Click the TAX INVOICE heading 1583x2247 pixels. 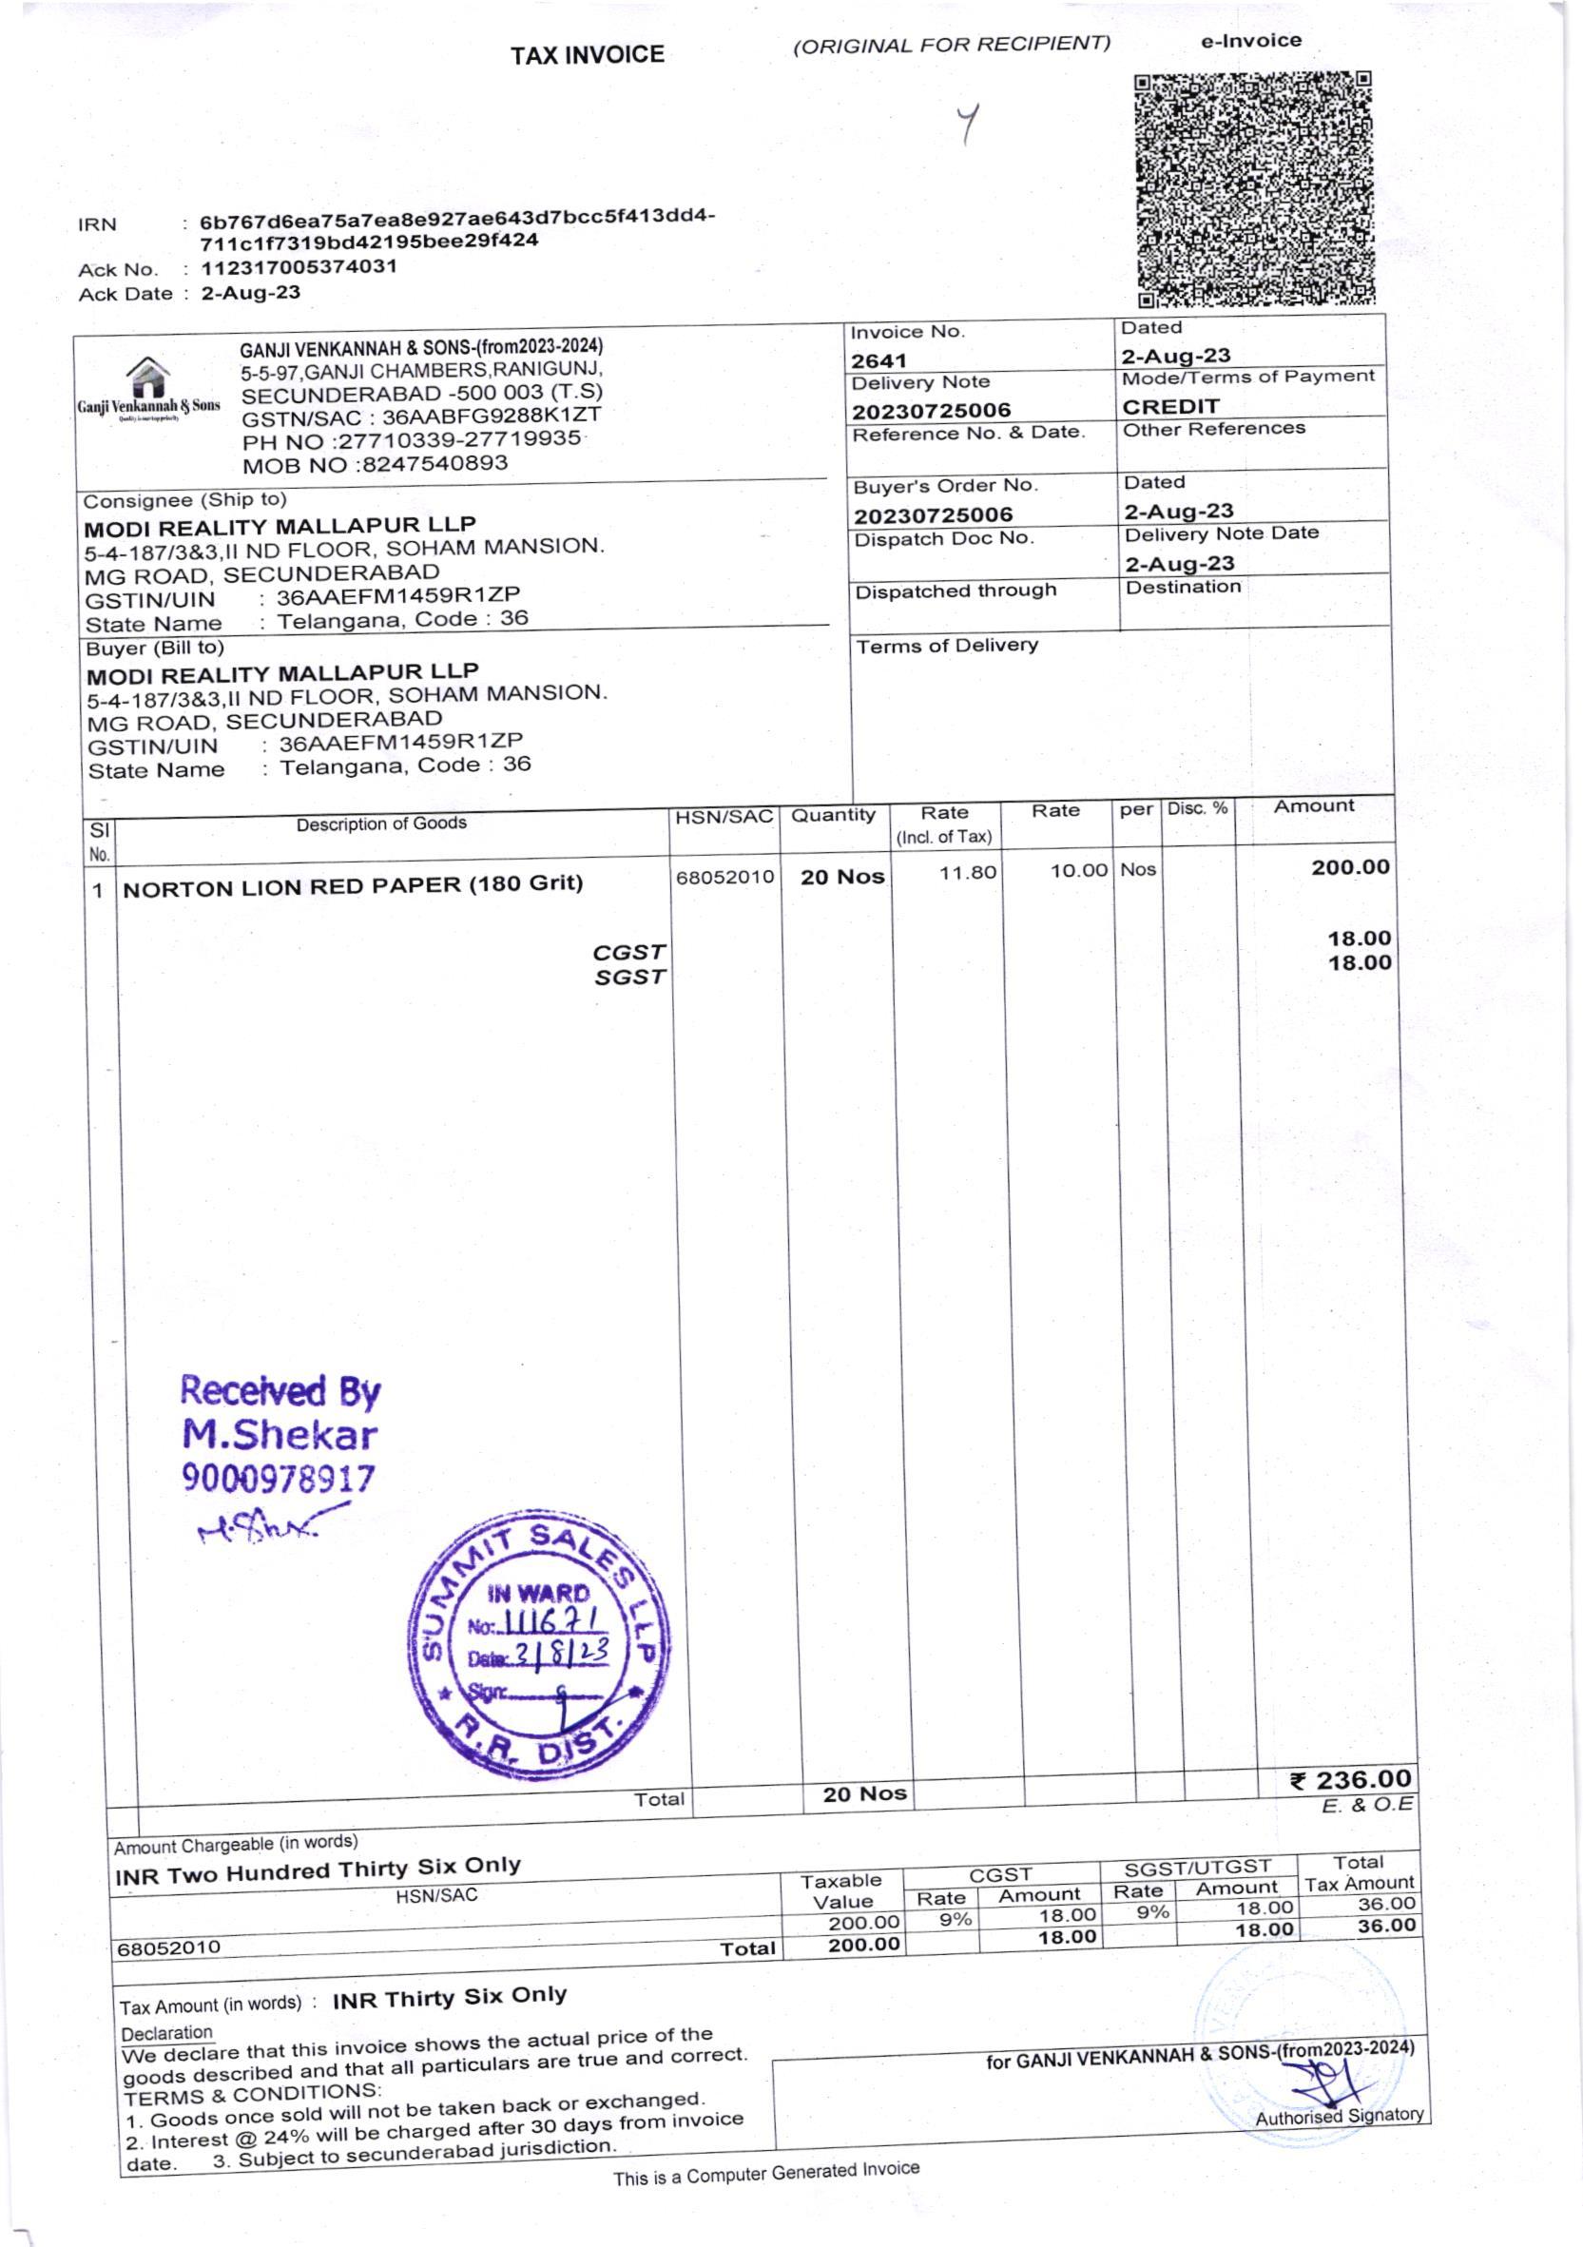point(586,55)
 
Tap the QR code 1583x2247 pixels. point(1253,190)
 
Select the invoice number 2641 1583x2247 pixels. point(878,360)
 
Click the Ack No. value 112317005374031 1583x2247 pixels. point(299,267)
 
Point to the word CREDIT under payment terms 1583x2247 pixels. point(1170,406)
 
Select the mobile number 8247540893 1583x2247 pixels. point(434,463)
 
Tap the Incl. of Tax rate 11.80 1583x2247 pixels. point(967,872)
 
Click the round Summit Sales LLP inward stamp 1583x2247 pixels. point(539,1653)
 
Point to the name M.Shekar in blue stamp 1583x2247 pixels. point(280,1435)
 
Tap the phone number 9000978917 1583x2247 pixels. point(278,1478)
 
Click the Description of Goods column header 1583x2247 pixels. point(380,824)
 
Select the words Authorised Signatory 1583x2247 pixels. point(1339,2116)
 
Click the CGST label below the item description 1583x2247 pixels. point(628,952)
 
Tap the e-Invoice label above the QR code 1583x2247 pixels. point(1250,41)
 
